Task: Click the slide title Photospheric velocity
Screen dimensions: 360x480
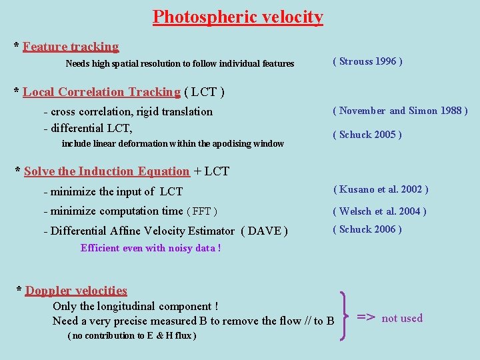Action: point(238,17)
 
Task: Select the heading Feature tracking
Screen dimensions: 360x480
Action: point(71,47)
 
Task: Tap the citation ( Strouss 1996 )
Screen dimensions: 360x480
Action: point(367,61)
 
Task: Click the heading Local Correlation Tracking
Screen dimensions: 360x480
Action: point(101,92)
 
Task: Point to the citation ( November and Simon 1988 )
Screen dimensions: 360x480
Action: point(400,111)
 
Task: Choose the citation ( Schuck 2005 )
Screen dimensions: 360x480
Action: point(367,135)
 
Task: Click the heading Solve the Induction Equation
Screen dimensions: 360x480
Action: point(107,171)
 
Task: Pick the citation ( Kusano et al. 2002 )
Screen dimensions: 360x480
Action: point(381,189)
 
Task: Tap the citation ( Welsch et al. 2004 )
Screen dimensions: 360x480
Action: point(379,211)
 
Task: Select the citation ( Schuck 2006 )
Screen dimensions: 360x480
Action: point(367,229)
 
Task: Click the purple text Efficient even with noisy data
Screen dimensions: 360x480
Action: point(151,248)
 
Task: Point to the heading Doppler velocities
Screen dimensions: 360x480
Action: point(76,291)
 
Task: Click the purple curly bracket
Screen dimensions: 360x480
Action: point(344,317)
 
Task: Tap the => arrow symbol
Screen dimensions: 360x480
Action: point(367,317)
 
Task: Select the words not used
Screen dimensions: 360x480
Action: point(402,318)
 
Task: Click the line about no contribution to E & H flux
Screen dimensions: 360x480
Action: point(132,336)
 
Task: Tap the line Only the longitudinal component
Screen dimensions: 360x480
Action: point(135,307)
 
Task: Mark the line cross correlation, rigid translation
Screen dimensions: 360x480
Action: point(128,111)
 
